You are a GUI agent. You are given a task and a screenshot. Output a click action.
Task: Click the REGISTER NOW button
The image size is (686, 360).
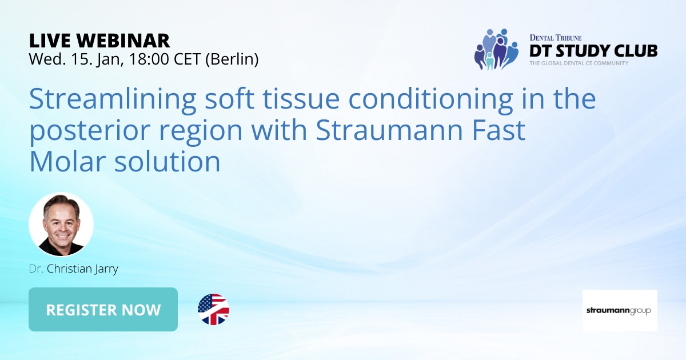103,310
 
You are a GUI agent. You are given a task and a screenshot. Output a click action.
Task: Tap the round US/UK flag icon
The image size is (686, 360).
213,310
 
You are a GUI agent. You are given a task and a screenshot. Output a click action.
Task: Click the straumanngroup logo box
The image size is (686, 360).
620,310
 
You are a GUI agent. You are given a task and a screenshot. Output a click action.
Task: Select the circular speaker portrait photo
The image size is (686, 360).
61,225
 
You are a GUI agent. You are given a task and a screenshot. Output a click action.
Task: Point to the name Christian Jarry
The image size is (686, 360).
82,269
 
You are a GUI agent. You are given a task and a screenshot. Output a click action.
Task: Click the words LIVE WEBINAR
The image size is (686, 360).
99,40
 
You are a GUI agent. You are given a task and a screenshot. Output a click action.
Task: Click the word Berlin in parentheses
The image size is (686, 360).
232,58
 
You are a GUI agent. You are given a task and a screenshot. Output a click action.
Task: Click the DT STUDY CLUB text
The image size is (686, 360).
593,50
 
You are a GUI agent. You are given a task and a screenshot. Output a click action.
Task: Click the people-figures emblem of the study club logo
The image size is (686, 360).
495,49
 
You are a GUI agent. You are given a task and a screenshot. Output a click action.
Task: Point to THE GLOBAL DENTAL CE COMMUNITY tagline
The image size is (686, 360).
579,63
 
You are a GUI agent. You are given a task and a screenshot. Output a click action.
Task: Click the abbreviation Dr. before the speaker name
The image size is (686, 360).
36,269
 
